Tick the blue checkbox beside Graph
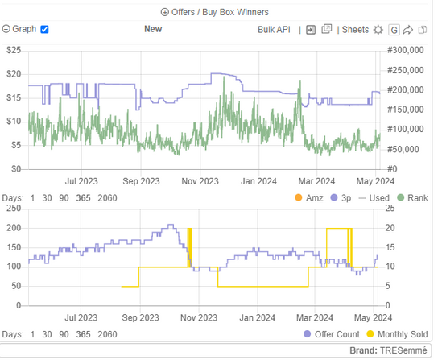pyautogui.click(x=44, y=29)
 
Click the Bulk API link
pyautogui.click(x=274, y=30)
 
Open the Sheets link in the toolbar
pyautogui.click(x=355, y=30)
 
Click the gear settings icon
pyautogui.click(x=378, y=30)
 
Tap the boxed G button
pyautogui.click(x=394, y=30)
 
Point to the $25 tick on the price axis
pyautogui.click(x=14, y=50)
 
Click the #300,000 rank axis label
pyautogui.click(x=405, y=50)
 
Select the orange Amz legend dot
pyautogui.click(x=298, y=197)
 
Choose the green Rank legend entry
pyautogui.click(x=412, y=198)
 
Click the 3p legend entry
pyautogui.click(x=341, y=198)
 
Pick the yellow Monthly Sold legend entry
pyautogui.click(x=397, y=334)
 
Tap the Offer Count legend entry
pyautogui.click(x=332, y=334)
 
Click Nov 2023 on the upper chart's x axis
pyautogui.click(x=200, y=181)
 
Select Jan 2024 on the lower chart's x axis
pyautogui.click(x=257, y=318)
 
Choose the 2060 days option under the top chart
pyautogui.click(x=107, y=198)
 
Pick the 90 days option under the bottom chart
pyautogui.click(x=64, y=334)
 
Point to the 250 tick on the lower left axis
pyautogui.click(x=14, y=209)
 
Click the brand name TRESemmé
pyautogui.click(x=403, y=350)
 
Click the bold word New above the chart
pyautogui.click(x=153, y=29)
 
